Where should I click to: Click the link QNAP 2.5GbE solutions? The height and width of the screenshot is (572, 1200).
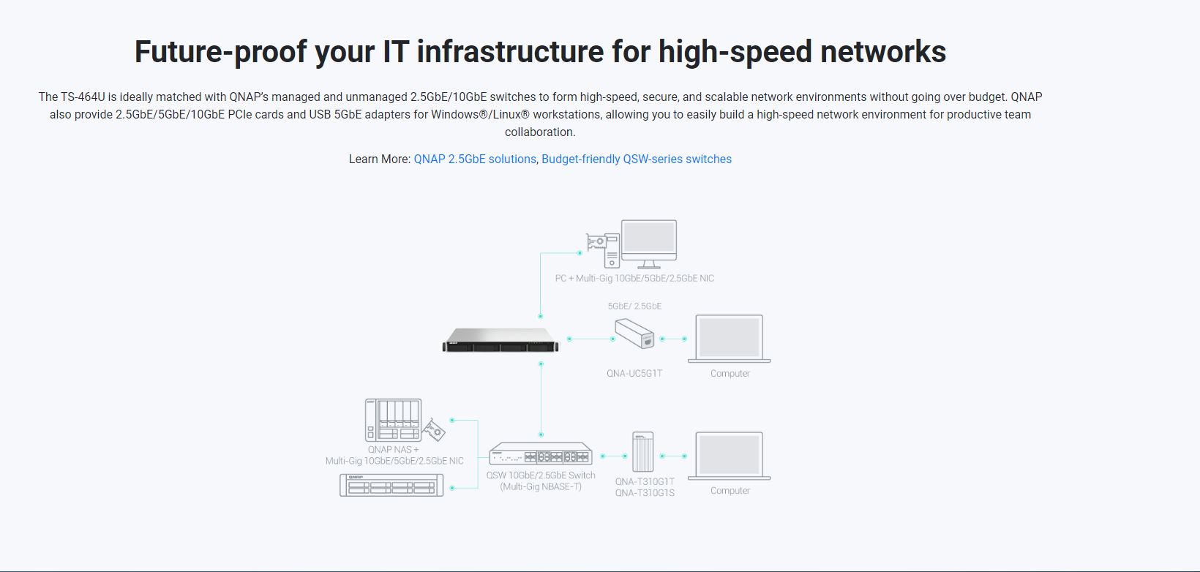[x=475, y=159]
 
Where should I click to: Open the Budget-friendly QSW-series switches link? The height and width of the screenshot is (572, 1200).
[x=637, y=159]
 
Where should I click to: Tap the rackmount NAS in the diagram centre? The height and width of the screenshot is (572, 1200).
[x=500, y=341]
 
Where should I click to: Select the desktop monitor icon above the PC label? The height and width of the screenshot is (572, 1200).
[x=649, y=242]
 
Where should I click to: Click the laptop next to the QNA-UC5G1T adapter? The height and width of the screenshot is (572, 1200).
[x=730, y=339]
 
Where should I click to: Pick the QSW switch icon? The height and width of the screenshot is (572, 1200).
[x=541, y=454]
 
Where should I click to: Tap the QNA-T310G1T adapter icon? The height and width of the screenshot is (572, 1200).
[x=642, y=452]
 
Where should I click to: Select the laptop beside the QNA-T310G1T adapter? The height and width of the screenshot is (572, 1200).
[x=730, y=456]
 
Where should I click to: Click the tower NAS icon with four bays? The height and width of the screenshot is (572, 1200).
[x=393, y=420]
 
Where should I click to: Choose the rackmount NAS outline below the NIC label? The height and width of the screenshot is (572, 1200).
[x=391, y=485]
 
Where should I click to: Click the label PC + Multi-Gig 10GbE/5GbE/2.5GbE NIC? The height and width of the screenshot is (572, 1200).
[x=634, y=279]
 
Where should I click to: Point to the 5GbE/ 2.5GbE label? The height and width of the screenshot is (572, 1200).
[x=634, y=306]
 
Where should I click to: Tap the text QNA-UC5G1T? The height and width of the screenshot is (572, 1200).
[x=634, y=374]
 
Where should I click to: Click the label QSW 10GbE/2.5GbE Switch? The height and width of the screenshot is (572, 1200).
[x=541, y=475]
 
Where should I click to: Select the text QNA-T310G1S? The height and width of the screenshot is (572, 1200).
[x=645, y=493]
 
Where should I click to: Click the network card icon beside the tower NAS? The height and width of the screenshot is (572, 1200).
[x=435, y=430]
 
